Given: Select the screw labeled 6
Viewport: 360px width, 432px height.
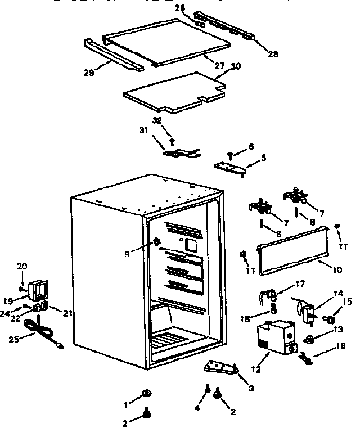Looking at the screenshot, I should (231, 153).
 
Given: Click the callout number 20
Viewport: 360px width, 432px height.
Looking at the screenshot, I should (22, 266).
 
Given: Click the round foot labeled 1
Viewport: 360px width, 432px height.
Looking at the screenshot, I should (145, 393).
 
